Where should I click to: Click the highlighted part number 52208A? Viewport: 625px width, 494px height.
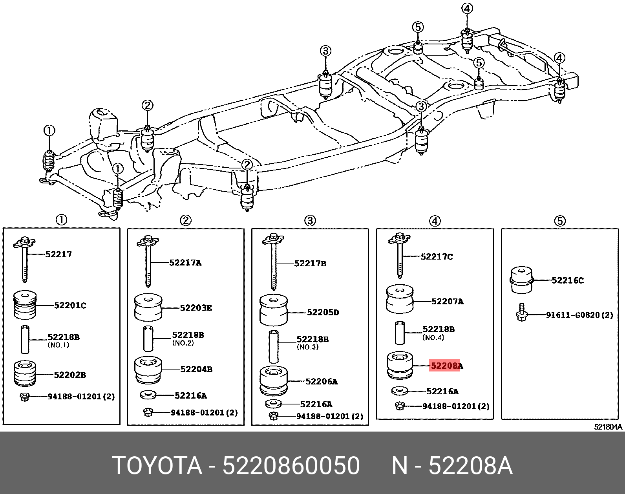pos(446,366)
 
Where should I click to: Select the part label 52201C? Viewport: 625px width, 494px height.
pos(70,305)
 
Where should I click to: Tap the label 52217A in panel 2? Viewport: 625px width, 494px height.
pos(185,263)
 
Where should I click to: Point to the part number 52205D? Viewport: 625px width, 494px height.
pos(323,313)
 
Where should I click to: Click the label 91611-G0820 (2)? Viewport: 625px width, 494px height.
pos(579,315)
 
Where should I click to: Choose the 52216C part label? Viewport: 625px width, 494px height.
pos(567,280)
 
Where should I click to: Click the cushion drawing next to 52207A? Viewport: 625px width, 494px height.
pos(400,299)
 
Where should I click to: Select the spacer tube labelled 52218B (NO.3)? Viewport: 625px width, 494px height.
pos(274,347)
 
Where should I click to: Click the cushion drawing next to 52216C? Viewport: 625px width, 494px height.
pos(521,280)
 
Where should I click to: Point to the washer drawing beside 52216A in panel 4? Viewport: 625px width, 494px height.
pos(400,391)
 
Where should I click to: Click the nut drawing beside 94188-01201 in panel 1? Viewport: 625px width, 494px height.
pos(24,397)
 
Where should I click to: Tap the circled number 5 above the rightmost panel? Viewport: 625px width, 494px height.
pos(560,221)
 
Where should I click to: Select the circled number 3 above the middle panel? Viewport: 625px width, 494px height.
pos(310,221)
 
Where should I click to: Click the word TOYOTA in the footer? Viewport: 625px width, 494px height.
pos(157,466)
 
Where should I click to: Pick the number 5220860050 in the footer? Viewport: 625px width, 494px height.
pos(291,466)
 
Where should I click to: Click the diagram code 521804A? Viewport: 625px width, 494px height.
pos(608,427)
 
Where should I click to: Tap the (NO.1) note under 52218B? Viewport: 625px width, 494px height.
pos(58,345)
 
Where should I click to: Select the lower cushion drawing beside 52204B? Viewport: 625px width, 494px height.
pos(148,370)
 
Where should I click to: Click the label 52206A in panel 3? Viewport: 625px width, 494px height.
pos(321,381)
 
